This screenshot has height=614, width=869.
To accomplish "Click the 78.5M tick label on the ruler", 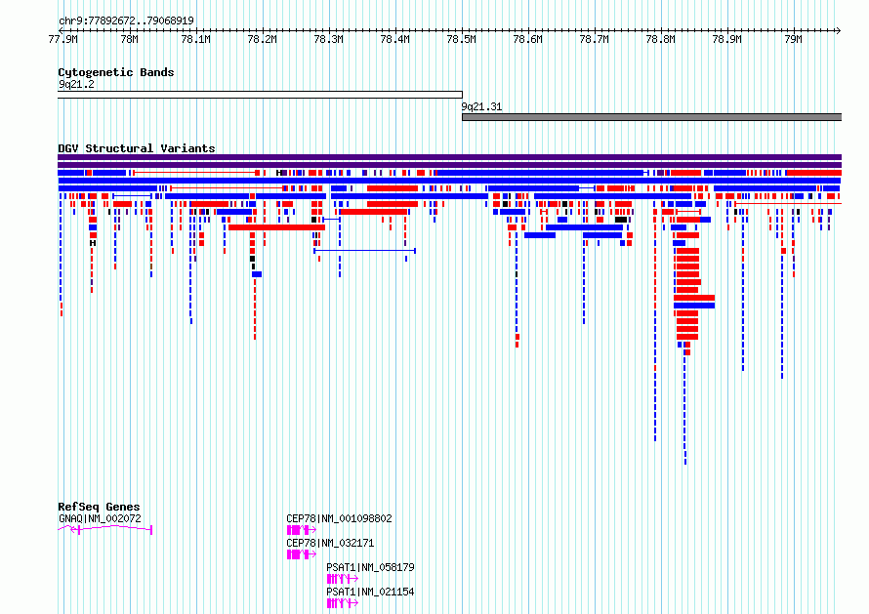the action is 461,39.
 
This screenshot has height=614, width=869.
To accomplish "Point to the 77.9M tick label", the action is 62,39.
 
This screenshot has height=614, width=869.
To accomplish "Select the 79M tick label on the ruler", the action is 793,39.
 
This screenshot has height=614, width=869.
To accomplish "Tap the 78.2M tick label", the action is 262,39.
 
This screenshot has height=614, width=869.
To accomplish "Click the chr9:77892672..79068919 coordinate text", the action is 126,21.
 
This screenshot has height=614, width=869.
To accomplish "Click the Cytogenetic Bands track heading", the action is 116,72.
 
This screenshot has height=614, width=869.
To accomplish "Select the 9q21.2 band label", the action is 76,84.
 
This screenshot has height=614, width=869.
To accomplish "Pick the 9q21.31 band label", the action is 481,107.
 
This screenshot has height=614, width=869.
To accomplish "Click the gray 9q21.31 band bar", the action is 652,117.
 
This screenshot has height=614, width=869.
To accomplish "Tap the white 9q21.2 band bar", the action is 260,95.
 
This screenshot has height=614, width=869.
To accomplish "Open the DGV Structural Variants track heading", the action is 137,148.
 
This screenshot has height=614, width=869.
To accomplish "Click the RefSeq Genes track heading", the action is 99,507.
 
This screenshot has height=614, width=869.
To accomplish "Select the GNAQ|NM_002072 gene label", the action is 100,518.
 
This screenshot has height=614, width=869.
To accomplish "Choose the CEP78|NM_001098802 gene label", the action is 339,518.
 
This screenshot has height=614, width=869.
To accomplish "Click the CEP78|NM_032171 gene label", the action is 330,543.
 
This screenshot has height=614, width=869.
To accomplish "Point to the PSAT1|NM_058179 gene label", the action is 370,567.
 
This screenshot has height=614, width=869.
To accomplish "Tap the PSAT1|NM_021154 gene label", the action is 370,592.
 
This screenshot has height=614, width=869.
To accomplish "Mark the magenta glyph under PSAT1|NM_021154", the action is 343,603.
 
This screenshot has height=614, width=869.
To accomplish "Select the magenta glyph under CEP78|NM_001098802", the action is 302,530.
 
